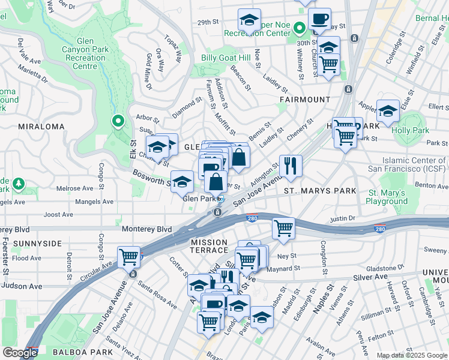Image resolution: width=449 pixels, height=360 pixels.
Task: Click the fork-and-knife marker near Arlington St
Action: point(291,165)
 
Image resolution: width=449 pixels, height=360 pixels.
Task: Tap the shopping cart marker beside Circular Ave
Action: point(129,257)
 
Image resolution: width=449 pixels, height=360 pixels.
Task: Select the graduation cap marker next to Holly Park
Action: point(388,111)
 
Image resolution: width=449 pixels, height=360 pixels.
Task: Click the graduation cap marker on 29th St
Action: point(249,21)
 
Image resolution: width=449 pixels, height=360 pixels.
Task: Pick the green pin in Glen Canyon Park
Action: point(118,121)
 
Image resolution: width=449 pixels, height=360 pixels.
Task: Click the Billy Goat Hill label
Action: point(226,58)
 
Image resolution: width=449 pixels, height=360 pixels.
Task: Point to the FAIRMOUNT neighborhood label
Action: point(305,99)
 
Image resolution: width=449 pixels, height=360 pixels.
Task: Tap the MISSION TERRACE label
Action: point(209,246)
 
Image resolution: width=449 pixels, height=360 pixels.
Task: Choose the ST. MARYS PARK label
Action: point(320,191)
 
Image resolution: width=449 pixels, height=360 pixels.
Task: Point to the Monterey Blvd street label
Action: point(146,229)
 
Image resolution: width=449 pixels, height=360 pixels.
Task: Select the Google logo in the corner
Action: point(20,353)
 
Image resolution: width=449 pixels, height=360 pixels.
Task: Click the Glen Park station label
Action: point(199,199)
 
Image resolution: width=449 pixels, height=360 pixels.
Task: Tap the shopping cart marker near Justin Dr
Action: point(283,227)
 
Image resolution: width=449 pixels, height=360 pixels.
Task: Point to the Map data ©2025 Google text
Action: point(411,355)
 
